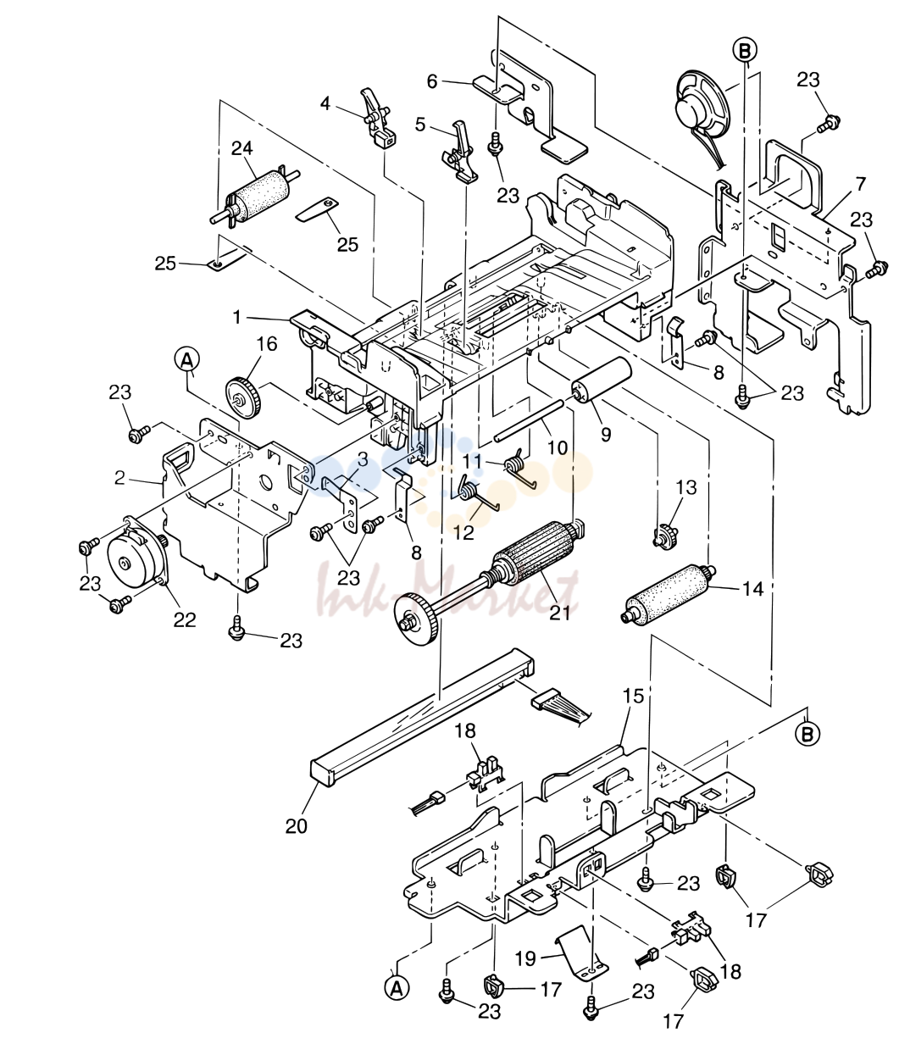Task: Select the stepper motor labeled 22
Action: click(135, 553)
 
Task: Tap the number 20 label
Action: click(296, 826)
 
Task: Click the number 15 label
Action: click(633, 696)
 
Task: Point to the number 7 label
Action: click(861, 184)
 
